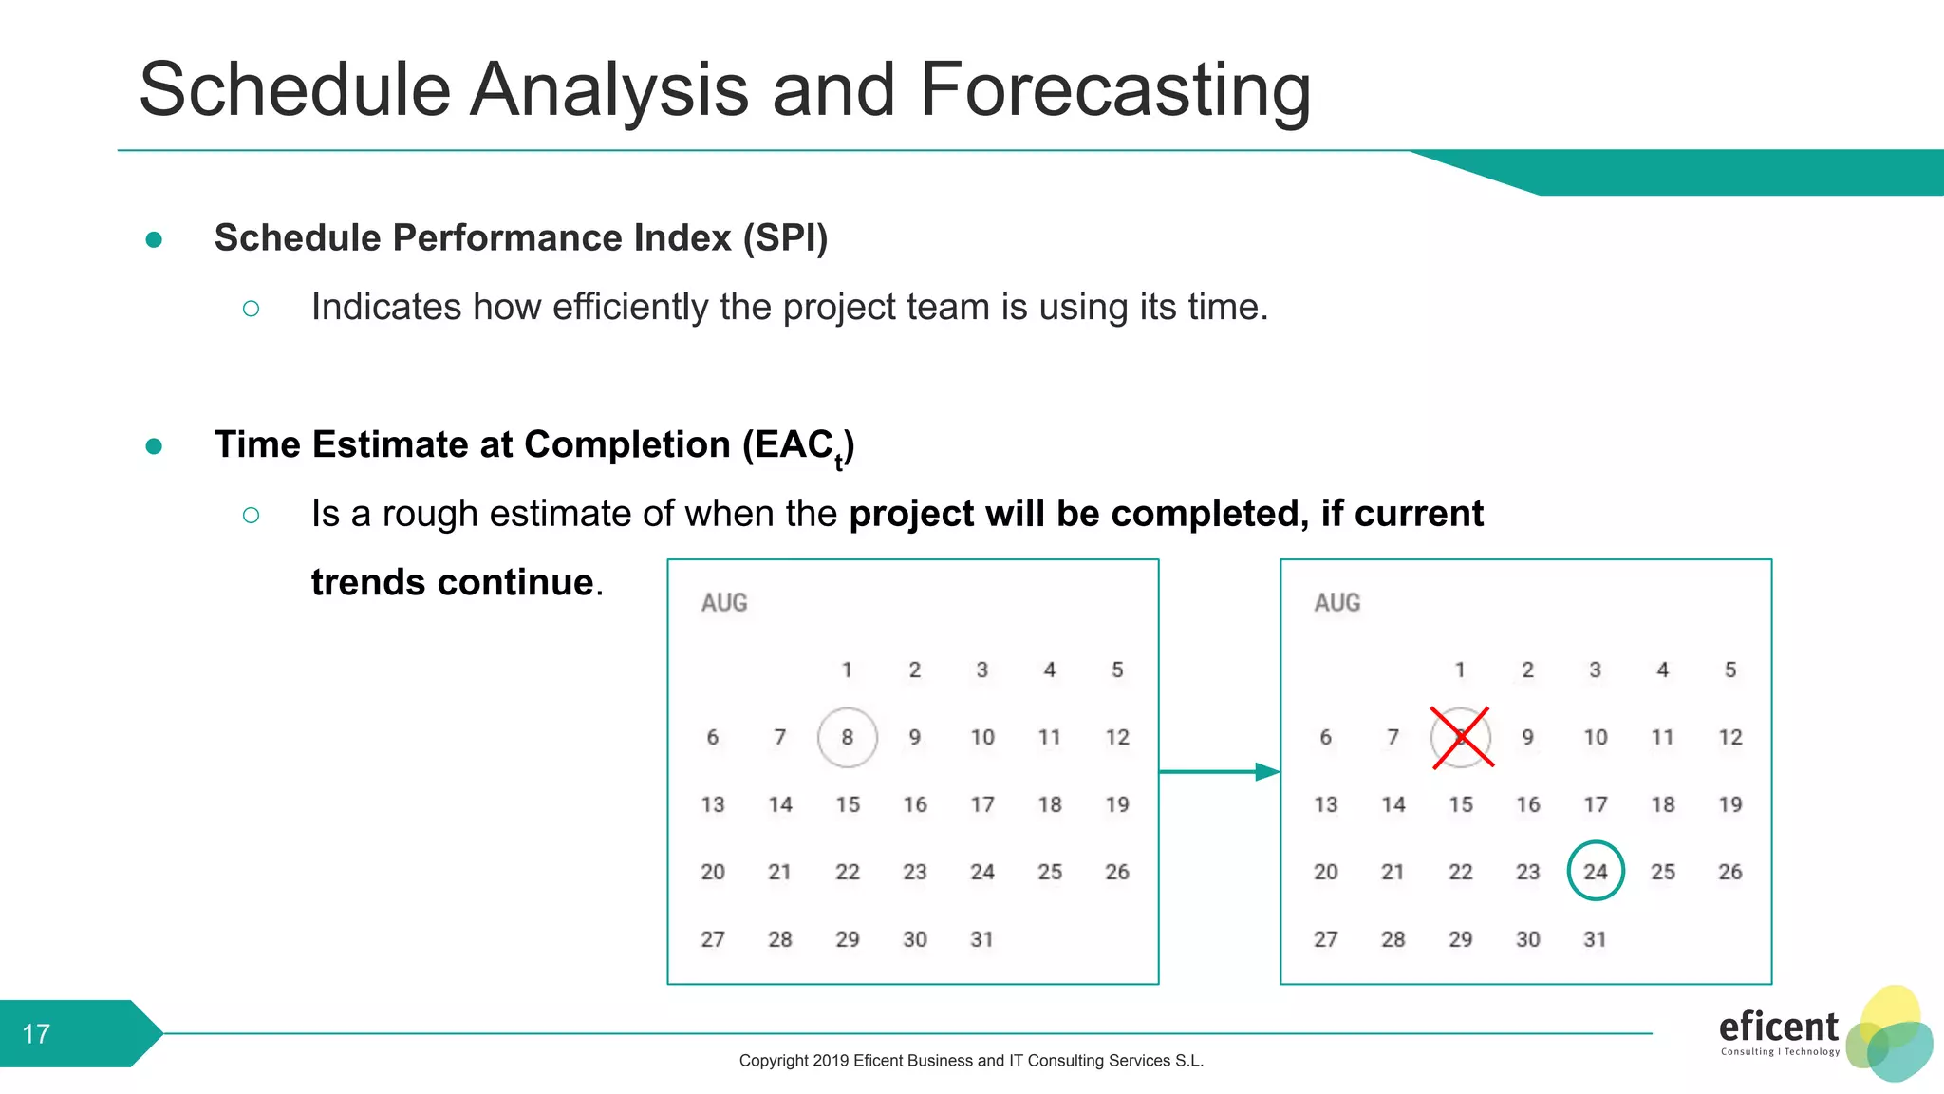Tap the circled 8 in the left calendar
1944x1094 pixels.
pos(847,737)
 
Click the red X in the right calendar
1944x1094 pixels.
pos(1462,737)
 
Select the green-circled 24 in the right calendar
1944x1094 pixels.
pos(1596,871)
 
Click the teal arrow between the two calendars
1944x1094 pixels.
pos(1220,771)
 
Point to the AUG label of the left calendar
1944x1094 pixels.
pos(724,603)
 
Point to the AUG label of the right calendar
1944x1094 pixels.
pos(1337,603)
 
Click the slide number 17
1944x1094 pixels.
pos(36,1033)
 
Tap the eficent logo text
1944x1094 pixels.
pos(1778,1027)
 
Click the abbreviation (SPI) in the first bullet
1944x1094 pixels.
pos(785,237)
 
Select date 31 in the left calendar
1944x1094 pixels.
pos(981,939)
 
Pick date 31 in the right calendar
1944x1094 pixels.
pos(1595,939)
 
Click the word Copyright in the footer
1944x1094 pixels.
pos(773,1061)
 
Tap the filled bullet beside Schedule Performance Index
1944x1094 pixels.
pos(154,239)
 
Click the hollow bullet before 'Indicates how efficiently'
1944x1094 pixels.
pos(251,309)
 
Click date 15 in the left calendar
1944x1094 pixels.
pos(848,804)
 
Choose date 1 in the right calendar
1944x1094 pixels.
pos(1460,670)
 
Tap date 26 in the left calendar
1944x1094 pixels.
pos(1117,872)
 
